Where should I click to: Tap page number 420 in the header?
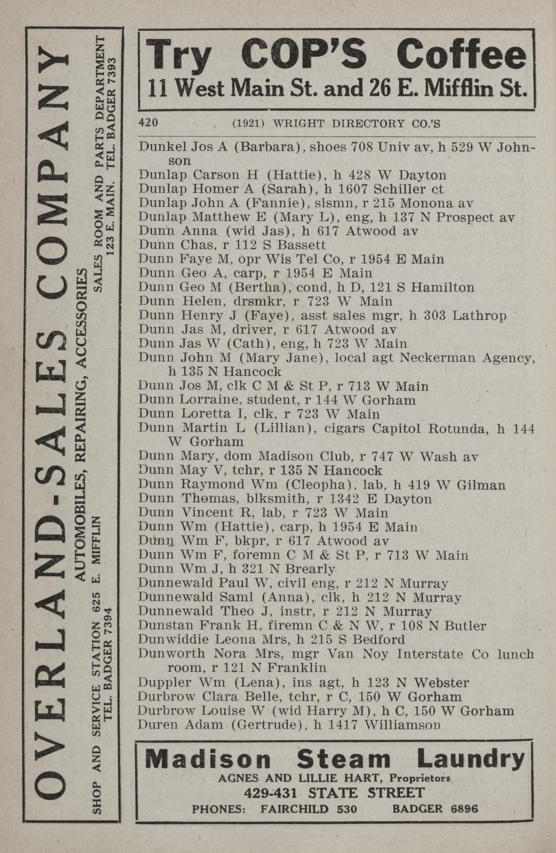[148, 123]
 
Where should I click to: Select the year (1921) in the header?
[249, 123]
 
